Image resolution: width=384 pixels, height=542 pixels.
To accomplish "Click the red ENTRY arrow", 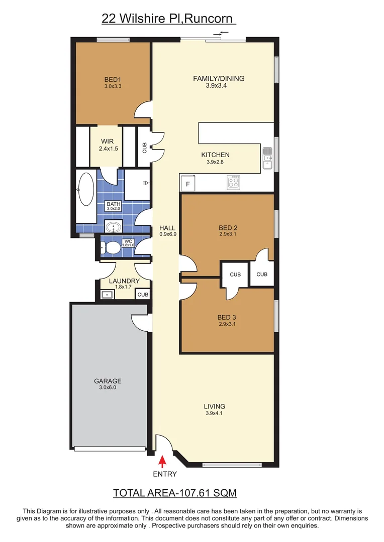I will click(162, 461).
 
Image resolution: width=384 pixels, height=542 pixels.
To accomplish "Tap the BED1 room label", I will click(113, 79).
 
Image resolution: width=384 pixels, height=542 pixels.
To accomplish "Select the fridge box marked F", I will click(188, 184).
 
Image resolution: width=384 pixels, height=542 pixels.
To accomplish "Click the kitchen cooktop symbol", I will click(234, 182).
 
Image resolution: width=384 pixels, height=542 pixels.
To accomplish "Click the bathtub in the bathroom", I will click(85, 189).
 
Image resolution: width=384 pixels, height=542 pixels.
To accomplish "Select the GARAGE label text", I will click(108, 381).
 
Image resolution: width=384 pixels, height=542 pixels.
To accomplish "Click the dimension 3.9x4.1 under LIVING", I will click(215, 414).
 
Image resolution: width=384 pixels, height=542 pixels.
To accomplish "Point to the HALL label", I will click(167, 228).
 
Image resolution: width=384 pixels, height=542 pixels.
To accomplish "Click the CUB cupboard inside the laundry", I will click(143, 295).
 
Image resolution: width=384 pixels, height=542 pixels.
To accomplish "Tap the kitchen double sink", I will click(267, 158).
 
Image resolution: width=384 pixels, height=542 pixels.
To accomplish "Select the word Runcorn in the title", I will click(211, 19).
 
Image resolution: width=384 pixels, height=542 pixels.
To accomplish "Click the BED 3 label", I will click(227, 317).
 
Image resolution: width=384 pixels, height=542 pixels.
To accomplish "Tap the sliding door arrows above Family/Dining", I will click(221, 33).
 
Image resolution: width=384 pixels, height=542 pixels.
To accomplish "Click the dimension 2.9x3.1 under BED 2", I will click(227, 234).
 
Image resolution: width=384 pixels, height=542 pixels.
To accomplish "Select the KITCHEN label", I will click(215, 155).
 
